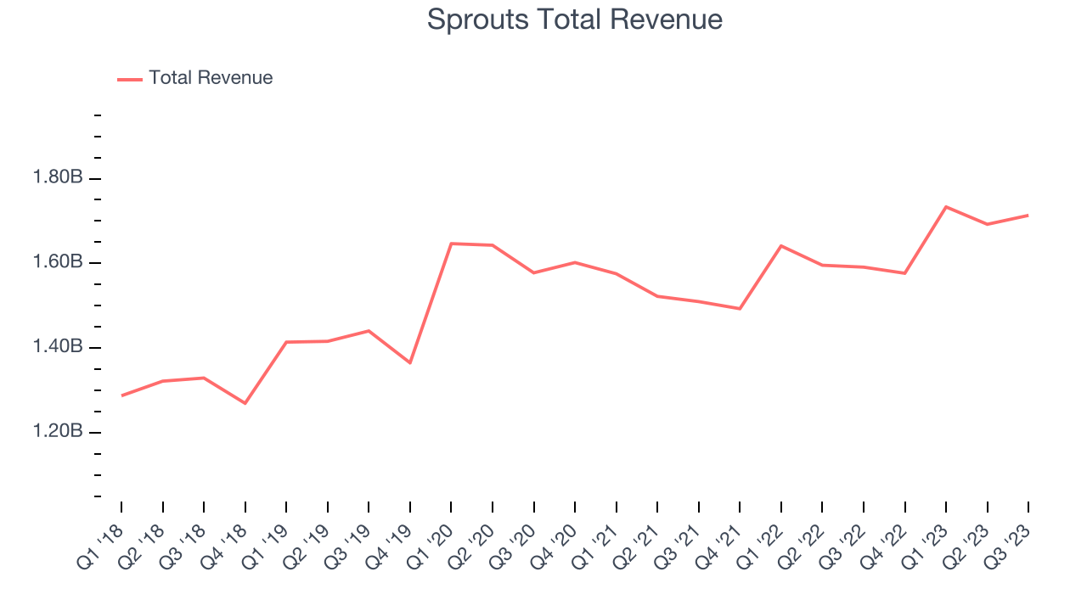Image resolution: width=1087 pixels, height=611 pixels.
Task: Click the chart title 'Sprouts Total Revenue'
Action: tap(574, 20)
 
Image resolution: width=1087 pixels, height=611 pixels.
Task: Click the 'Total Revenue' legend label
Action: tap(211, 78)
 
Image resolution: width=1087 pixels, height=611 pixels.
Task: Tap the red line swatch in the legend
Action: tap(130, 79)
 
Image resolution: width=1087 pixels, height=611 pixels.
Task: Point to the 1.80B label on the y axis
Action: tap(58, 178)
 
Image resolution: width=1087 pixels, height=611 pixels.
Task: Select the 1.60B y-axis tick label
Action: tap(58, 262)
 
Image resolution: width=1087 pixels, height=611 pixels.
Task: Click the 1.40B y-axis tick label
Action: tap(58, 347)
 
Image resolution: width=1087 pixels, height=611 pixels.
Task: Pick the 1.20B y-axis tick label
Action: tap(58, 432)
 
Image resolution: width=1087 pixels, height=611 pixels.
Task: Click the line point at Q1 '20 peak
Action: tap(451, 244)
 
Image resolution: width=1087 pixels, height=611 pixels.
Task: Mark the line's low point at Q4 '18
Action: tap(245, 403)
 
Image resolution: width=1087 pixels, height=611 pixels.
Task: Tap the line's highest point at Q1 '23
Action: tap(946, 206)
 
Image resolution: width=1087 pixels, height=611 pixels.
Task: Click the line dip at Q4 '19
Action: tap(410, 363)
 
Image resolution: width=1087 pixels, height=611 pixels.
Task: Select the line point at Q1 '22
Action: tap(781, 245)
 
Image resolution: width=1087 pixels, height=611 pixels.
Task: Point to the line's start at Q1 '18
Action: tap(121, 395)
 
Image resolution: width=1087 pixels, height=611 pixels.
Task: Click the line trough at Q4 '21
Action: tap(740, 309)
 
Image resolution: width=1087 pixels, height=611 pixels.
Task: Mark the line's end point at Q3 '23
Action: tap(1028, 215)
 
